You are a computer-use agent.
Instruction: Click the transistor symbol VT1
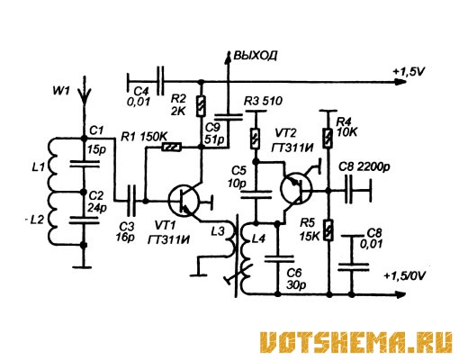(x=184, y=201)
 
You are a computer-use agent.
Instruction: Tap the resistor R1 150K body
(x=172, y=148)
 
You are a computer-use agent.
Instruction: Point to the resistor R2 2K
(x=201, y=106)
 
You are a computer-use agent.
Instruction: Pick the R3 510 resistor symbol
(x=256, y=139)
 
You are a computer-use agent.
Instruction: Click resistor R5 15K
(x=328, y=230)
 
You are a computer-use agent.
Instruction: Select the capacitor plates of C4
(x=161, y=81)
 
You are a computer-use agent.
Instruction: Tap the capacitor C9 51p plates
(x=228, y=117)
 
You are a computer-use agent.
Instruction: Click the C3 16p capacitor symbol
(x=131, y=201)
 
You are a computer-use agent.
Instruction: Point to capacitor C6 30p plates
(x=279, y=259)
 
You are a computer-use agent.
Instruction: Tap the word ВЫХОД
(x=256, y=56)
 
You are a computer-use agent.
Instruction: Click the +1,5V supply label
(x=409, y=72)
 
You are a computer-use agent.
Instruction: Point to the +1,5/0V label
(x=405, y=275)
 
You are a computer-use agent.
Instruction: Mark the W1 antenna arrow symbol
(x=85, y=90)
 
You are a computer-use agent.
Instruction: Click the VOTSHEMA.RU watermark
(x=356, y=342)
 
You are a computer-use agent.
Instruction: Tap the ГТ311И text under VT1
(x=169, y=239)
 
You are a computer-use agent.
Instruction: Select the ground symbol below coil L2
(x=84, y=266)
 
